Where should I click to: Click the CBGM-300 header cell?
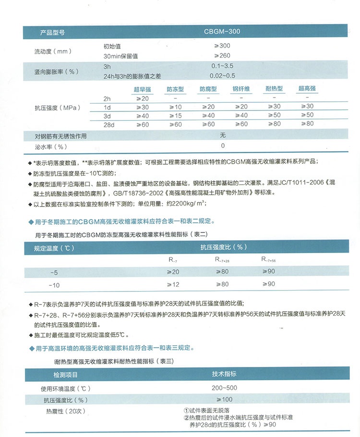click(x=222, y=32)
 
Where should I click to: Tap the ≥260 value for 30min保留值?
click(x=222, y=56)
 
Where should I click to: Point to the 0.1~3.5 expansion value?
click(x=222, y=66)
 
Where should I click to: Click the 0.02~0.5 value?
click(x=222, y=75)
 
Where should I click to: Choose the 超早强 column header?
click(x=142, y=89)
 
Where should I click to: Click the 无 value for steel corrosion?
click(x=222, y=135)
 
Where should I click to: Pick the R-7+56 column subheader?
click(x=268, y=260)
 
